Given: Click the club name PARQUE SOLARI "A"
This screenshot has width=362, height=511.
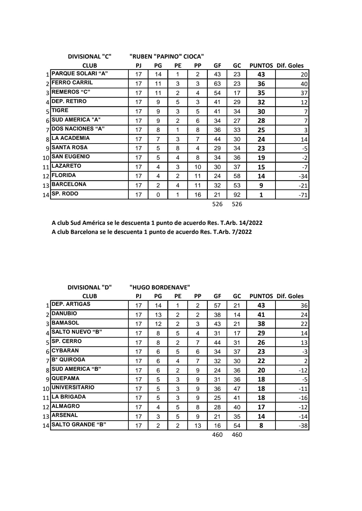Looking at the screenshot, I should point(80,74).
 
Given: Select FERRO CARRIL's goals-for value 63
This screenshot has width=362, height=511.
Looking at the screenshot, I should point(217,84).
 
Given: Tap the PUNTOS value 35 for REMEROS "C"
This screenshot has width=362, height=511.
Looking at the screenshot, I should point(261,93).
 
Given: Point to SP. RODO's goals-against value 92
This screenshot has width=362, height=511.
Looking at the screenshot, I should point(237,195).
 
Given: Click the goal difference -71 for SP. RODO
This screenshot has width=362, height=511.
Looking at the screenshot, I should point(303,195).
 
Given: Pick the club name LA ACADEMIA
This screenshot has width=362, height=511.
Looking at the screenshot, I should point(71,138).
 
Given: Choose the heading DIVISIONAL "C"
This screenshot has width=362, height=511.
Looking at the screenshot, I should point(89,57).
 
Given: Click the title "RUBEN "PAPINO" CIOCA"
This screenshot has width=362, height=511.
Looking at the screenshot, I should point(167,57).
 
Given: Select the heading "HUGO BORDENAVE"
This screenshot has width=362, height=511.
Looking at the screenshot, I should point(160,287).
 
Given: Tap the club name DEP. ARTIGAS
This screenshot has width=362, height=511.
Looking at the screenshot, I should point(71,304).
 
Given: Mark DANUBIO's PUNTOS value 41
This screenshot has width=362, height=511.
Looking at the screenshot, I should point(261,315).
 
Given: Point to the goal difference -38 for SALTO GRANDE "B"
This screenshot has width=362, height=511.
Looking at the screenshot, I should point(303,426).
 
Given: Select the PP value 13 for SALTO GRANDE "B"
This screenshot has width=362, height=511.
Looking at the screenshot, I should point(198,426).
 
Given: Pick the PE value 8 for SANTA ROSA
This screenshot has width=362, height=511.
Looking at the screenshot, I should point(178,148).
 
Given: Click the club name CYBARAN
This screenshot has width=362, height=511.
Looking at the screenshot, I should point(65,351).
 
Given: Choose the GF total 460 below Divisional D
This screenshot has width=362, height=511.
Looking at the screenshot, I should point(217,435).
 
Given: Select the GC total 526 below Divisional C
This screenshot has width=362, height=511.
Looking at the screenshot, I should point(237,204).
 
